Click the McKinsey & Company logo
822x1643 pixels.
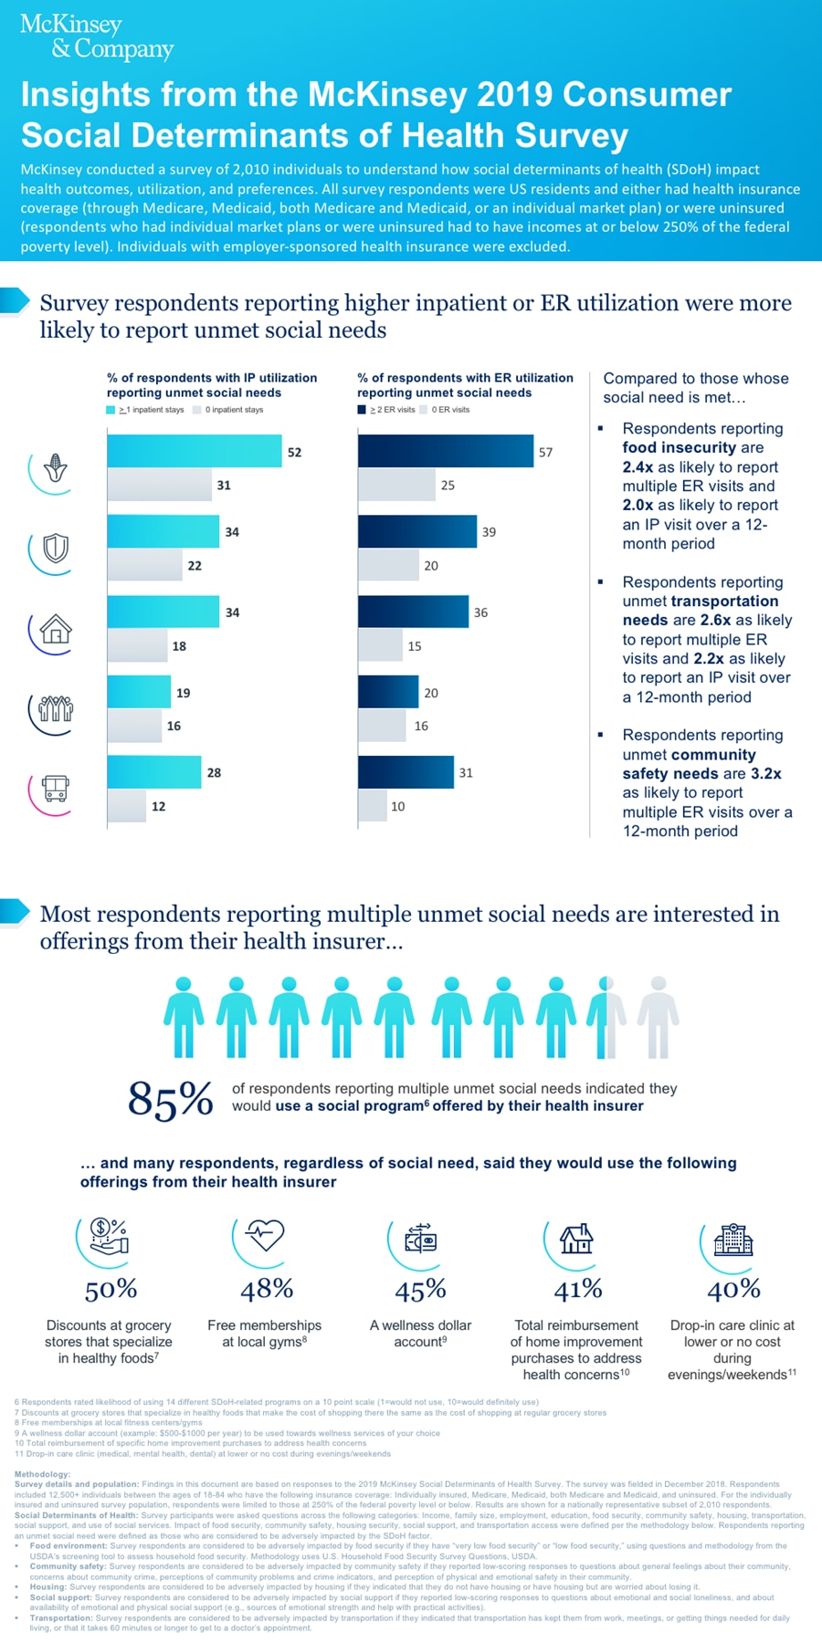[x=96, y=37]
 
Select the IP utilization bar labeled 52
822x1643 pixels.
[x=194, y=451]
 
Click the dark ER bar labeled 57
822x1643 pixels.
[x=445, y=451]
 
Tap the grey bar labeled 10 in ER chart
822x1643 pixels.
[x=372, y=806]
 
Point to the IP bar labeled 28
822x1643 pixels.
[x=153, y=772]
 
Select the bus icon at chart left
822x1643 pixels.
[x=56, y=788]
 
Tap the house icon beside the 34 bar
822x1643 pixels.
[x=56, y=629]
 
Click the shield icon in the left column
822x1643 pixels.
[x=56, y=549]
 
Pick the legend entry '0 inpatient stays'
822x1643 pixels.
[x=233, y=410]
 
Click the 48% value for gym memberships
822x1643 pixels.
[x=267, y=1289]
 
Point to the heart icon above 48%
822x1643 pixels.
[x=266, y=1235]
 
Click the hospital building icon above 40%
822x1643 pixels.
[x=732, y=1240]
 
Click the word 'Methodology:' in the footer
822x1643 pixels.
[x=42, y=1474]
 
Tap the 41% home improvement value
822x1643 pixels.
[x=578, y=1289]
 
